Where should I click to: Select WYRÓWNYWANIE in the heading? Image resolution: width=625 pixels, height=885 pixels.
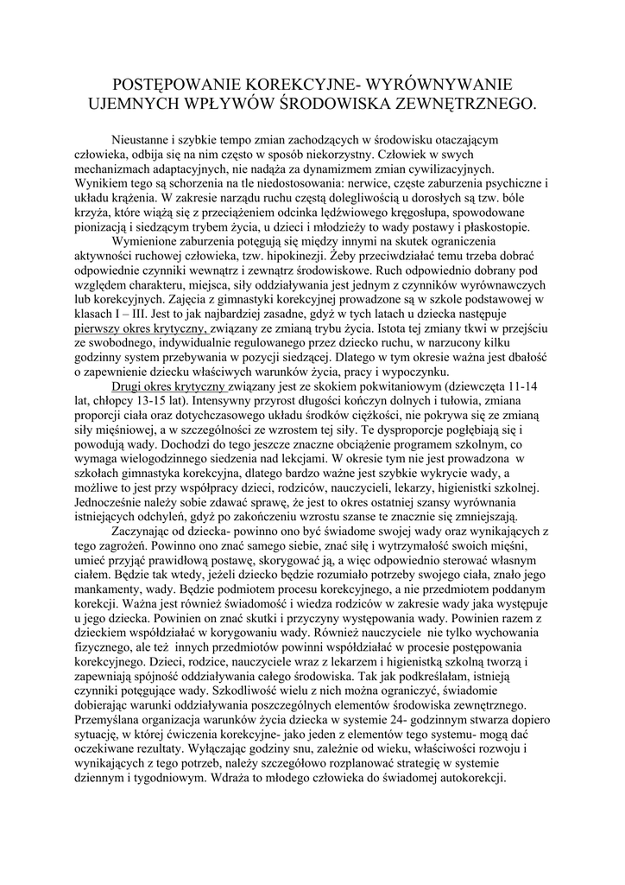(439, 85)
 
